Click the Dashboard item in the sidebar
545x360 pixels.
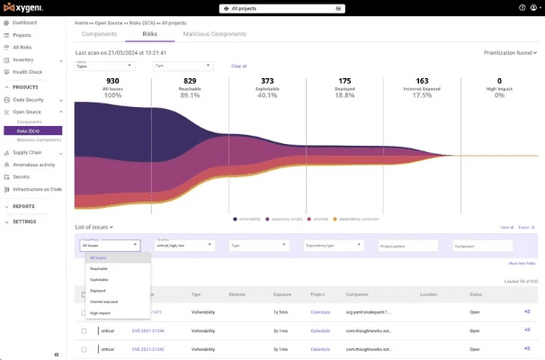coord(24,22)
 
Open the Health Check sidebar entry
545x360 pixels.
coord(28,72)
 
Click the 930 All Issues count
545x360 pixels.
coord(112,81)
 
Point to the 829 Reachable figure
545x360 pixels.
coord(190,81)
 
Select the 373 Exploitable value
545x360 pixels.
coord(267,81)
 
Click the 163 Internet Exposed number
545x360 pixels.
coord(422,81)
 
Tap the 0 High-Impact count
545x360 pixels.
coord(499,81)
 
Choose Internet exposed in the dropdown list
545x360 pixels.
coord(103,301)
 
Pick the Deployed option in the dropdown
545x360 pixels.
coord(98,291)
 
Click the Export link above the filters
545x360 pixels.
coord(526,228)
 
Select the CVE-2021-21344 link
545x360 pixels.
coord(148,331)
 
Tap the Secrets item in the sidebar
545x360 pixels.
coord(22,176)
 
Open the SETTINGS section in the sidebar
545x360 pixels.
coord(24,220)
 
